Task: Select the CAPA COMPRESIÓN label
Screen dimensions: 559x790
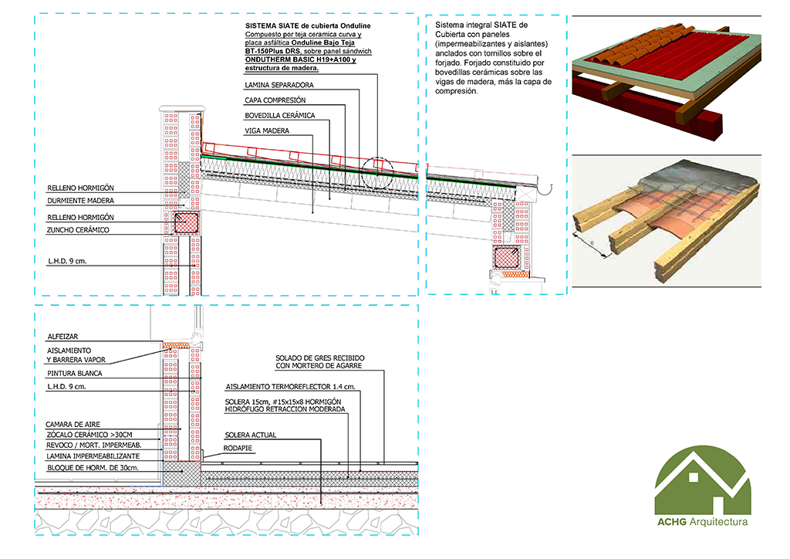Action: point(275,100)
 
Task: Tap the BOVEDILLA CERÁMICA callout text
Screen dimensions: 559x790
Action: point(280,116)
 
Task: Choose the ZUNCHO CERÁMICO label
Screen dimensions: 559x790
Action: point(78,230)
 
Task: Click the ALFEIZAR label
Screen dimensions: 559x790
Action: point(62,337)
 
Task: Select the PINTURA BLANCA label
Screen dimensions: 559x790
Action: point(74,374)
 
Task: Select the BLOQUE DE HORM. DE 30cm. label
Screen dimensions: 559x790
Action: point(93,468)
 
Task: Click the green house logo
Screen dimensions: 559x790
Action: point(702,483)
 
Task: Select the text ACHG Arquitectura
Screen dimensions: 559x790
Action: point(702,523)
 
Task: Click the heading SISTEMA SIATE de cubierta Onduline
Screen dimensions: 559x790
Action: point(308,25)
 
